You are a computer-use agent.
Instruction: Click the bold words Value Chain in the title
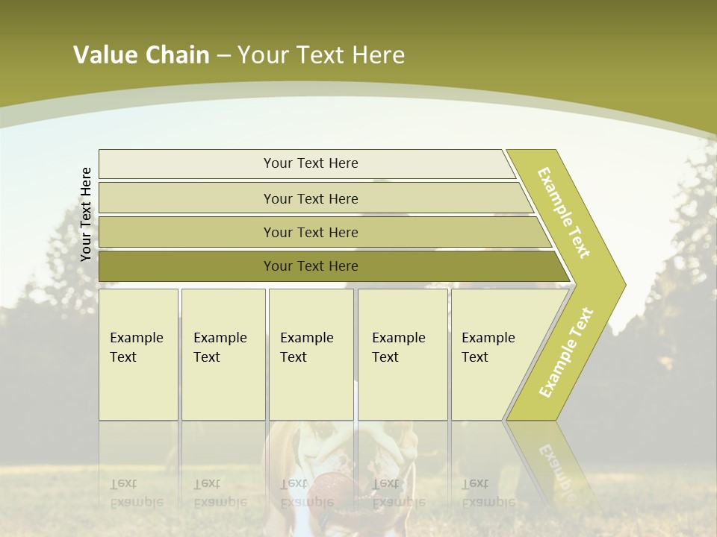tap(141, 55)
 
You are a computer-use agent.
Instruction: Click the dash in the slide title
tap(223, 56)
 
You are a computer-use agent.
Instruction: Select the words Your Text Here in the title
tap(321, 55)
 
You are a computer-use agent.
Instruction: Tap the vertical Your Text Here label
tap(86, 214)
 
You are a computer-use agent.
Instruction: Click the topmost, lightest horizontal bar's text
tap(311, 163)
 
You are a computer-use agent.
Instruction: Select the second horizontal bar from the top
tap(311, 198)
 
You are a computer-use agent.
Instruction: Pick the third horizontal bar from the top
tap(311, 232)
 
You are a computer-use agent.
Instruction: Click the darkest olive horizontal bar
tap(311, 266)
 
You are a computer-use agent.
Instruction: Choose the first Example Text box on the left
tap(138, 354)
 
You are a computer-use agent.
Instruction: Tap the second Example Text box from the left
tap(223, 354)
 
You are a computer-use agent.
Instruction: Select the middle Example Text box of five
tap(310, 354)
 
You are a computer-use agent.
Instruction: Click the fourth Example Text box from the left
tap(402, 354)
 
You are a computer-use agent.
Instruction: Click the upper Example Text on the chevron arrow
tap(564, 213)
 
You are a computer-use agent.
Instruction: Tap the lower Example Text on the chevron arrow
tap(566, 352)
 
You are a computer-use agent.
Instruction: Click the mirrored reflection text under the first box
tap(137, 493)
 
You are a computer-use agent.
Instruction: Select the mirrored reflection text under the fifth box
tap(488, 493)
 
